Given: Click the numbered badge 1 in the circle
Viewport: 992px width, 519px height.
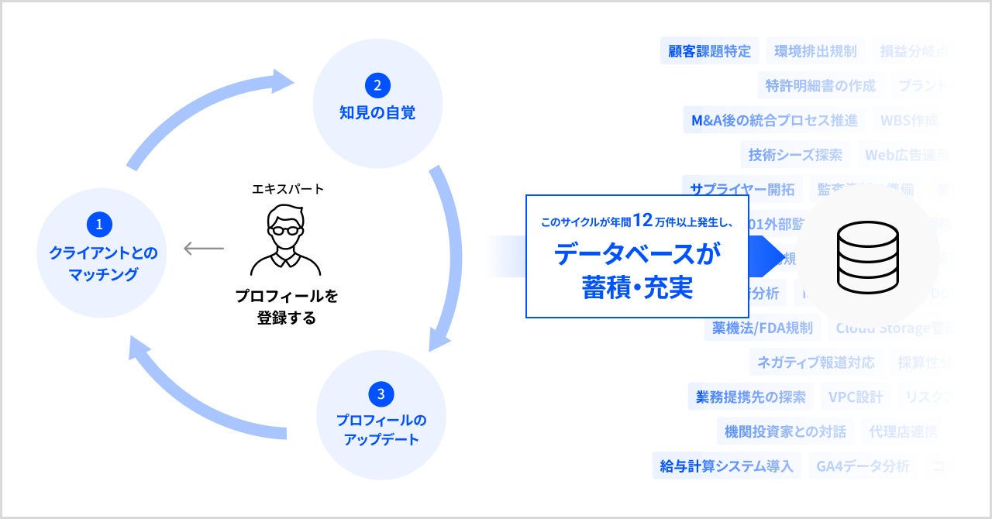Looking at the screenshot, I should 99,225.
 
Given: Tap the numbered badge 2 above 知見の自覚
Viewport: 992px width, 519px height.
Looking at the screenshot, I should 377,84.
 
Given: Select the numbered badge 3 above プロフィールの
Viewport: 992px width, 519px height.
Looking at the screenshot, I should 381,394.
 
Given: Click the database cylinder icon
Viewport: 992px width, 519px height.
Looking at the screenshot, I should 867,256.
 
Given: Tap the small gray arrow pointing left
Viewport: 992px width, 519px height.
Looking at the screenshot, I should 203,249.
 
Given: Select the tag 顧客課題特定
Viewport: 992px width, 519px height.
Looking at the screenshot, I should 710,51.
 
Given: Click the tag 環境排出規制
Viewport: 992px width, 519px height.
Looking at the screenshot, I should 815,51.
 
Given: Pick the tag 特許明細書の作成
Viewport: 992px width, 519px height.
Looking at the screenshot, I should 820,85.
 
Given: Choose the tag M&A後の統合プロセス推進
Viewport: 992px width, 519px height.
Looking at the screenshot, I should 774,120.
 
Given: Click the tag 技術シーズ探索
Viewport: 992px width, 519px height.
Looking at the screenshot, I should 795,154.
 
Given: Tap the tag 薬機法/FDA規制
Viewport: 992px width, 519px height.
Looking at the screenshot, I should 763,328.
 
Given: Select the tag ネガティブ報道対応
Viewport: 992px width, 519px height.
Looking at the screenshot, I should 815,362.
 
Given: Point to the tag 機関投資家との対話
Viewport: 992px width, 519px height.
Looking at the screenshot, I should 785,431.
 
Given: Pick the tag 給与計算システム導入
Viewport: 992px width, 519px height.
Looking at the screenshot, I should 726,466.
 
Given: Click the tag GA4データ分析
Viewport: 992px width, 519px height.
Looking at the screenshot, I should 863,466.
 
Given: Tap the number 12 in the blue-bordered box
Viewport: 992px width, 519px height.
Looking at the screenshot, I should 643,221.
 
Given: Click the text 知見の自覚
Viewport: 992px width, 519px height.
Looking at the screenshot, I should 377,112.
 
